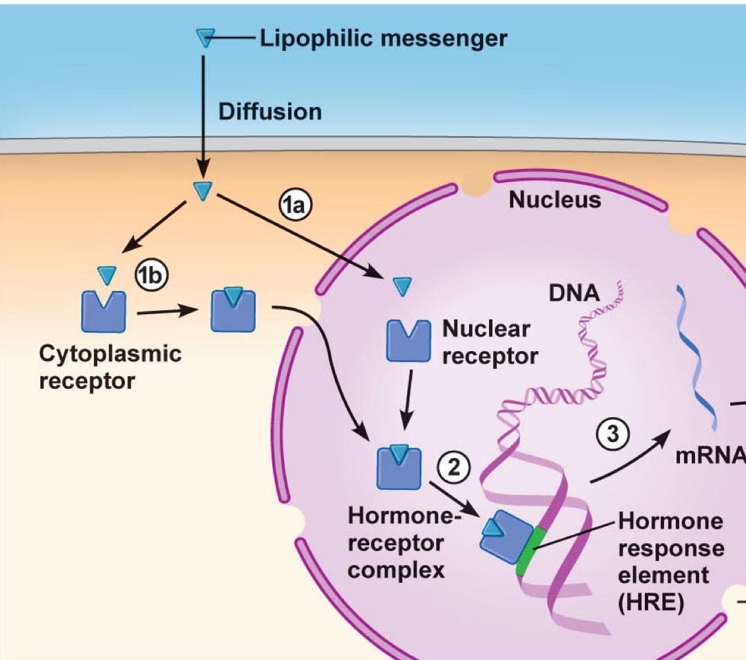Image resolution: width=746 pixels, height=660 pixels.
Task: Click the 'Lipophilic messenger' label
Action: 383,39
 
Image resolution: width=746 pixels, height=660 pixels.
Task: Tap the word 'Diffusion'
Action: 270,112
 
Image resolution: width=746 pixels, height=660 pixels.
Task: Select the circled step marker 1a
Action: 295,207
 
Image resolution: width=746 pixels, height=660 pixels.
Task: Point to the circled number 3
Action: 615,434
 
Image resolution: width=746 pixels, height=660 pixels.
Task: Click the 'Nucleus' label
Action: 555,199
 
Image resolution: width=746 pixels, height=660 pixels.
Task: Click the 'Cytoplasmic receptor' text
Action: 110,367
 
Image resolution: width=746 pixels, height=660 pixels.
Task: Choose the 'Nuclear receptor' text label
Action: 490,342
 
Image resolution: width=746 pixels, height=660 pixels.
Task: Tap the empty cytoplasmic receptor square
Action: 103,311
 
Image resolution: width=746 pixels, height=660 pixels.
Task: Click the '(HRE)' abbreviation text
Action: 650,603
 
